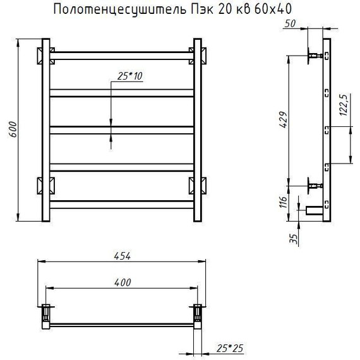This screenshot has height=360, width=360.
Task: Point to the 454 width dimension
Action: coord(122,256)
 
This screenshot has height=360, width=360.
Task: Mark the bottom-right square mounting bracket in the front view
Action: coord(197,186)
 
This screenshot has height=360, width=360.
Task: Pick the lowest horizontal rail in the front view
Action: coord(121,204)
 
